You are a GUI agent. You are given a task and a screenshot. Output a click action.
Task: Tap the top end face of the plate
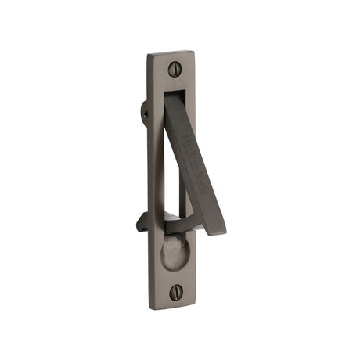tap(171, 53)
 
